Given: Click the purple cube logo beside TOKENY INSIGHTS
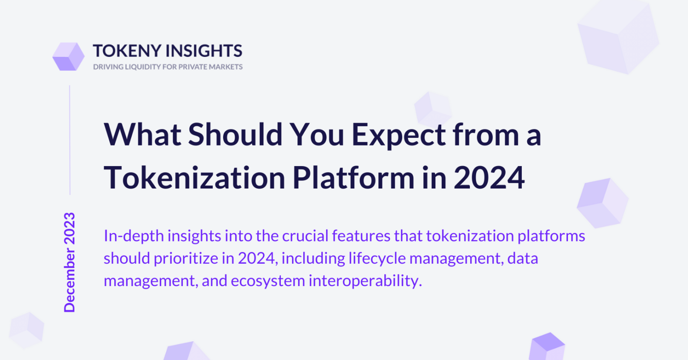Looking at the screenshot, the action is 69,56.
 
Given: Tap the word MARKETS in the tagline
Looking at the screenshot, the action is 226,67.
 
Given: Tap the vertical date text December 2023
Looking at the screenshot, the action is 69,262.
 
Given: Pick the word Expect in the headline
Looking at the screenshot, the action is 399,136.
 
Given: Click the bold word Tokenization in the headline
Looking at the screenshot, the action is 195,178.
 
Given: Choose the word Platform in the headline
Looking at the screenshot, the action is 353,178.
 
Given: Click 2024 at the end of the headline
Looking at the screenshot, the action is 489,178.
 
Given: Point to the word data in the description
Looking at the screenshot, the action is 523,258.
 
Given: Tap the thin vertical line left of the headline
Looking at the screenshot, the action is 70,140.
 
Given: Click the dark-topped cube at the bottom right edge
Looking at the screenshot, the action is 547,347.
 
